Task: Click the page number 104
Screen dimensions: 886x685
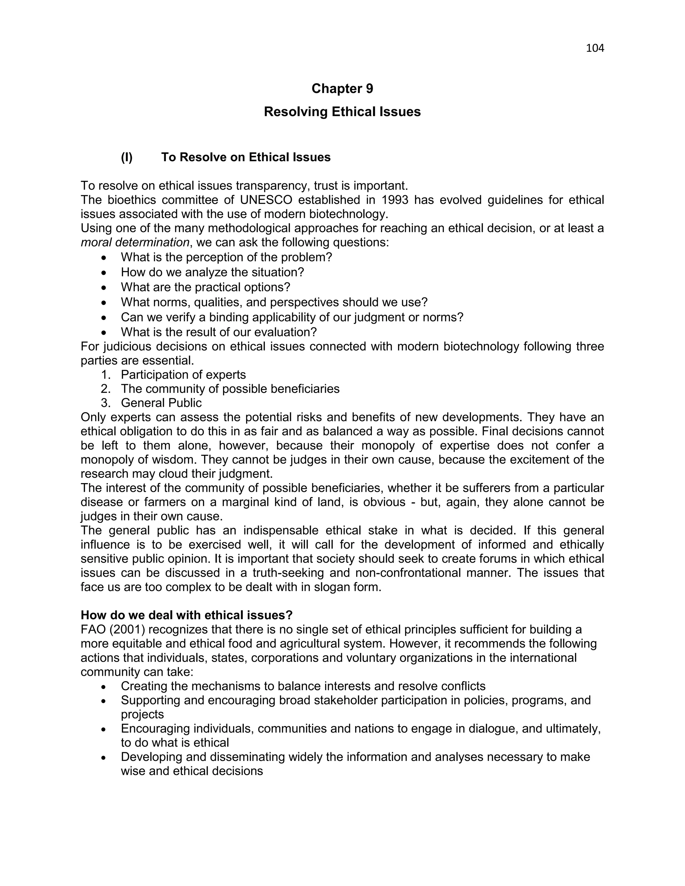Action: click(x=595, y=48)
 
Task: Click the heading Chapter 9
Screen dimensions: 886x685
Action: click(x=342, y=89)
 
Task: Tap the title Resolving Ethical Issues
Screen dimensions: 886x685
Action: click(x=342, y=112)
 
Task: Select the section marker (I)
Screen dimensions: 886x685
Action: click(x=127, y=157)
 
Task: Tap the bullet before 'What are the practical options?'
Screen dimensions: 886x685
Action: click(x=104, y=288)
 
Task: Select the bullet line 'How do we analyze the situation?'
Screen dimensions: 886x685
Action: click(x=212, y=272)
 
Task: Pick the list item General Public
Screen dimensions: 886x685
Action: click(x=161, y=403)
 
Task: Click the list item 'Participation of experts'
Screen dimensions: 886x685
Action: click(x=183, y=374)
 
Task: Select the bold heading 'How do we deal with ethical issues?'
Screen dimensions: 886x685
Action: click(x=187, y=615)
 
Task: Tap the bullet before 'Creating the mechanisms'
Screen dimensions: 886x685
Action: click(x=104, y=686)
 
